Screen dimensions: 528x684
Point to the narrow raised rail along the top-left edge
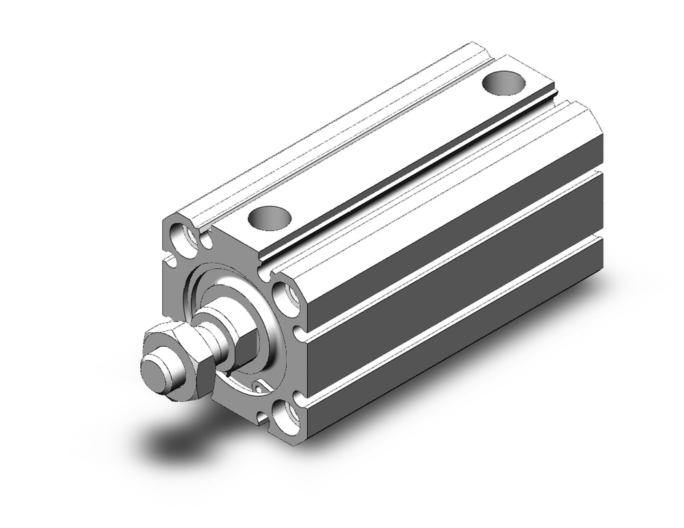(328, 130)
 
